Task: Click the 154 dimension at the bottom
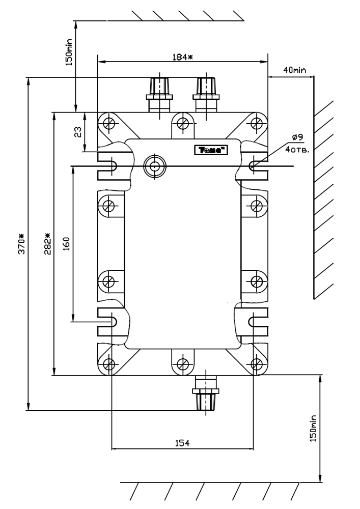coord(182,443)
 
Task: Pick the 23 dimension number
coord(78,132)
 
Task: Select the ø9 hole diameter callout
coord(298,137)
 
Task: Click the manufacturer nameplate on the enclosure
coord(211,150)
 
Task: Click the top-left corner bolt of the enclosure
coord(108,123)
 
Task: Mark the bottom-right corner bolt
coord(257,363)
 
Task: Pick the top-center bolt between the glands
coord(182,123)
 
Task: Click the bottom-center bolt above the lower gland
coord(182,363)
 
